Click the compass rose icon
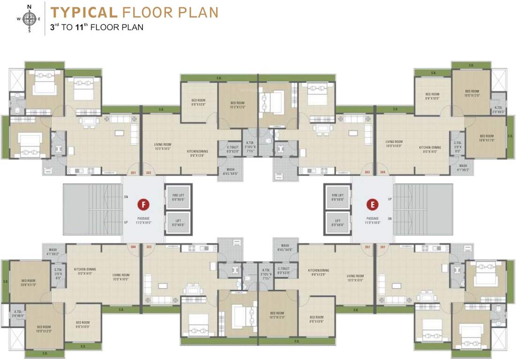(x=29, y=19)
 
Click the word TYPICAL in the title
(x=83, y=12)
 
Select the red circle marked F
(x=143, y=205)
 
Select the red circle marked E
(x=372, y=205)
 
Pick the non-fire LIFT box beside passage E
(x=338, y=222)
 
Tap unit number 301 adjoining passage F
(x=133, y=173)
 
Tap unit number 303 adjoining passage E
(x=367, y=173)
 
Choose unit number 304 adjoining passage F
(x=133, y=247)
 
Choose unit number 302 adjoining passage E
(x=367, y=247)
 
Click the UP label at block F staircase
(x=125, y=222)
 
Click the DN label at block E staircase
(x=390, y=218)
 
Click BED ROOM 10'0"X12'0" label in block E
(x=471, y=93)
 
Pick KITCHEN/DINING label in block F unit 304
(x=85, y=271)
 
